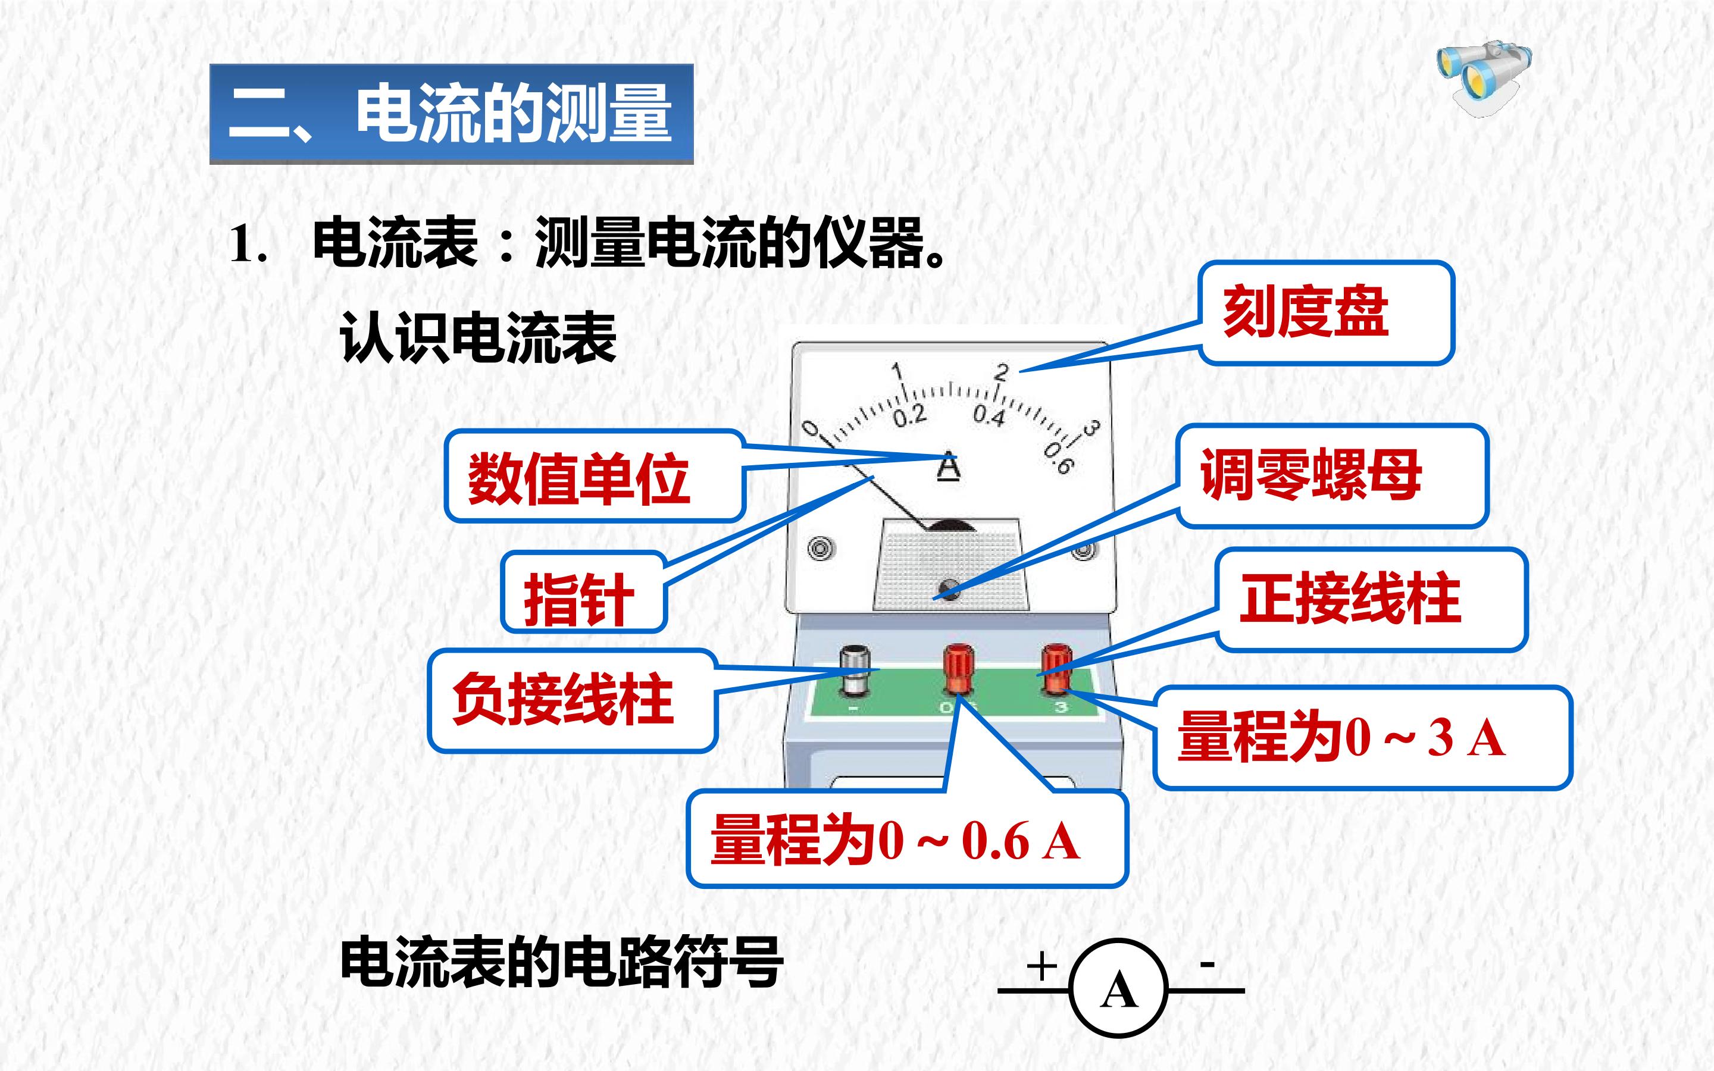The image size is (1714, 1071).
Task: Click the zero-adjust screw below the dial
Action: point(949,588)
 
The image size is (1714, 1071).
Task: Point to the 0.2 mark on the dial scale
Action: point(909,415)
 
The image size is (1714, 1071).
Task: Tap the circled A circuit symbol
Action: point(1118,989)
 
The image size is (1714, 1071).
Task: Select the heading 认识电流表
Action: point(478,338)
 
